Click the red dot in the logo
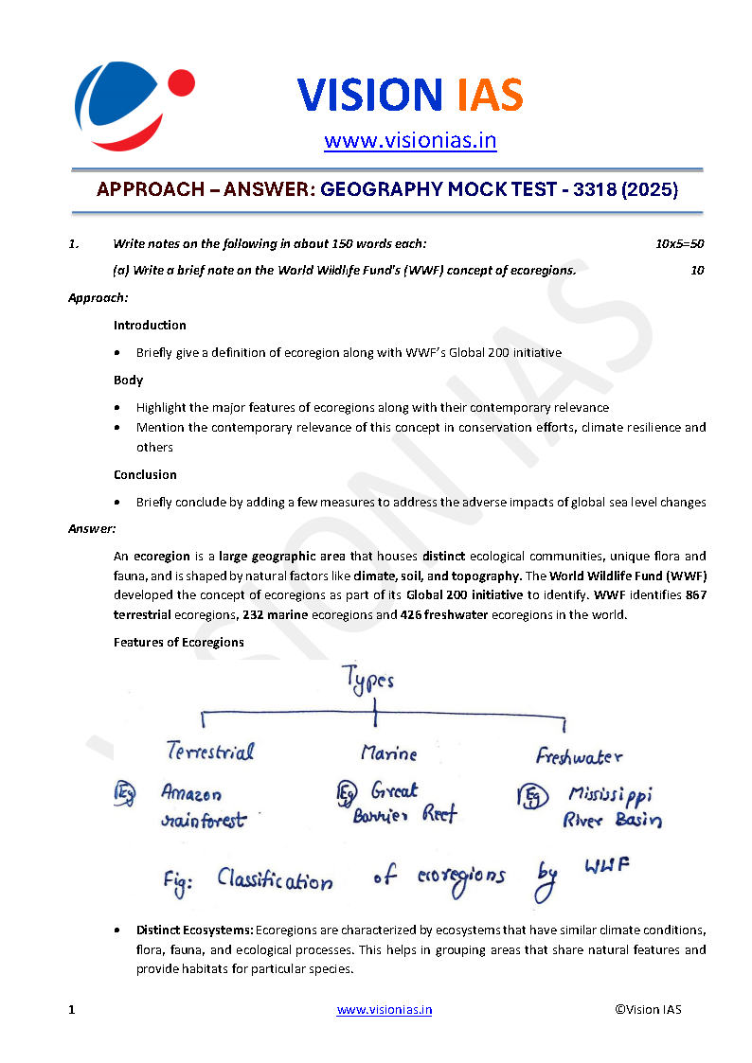(180, 83)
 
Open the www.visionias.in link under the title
(410, 141)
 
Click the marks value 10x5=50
(679, 243)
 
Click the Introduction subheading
(150, 325)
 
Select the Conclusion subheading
(145, 474)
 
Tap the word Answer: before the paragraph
(92, 528)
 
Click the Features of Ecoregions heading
(179, 642)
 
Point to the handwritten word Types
(368, 681)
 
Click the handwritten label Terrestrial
(210, 752)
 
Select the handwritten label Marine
(388, 753)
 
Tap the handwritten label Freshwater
(579, 755)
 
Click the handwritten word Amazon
(191, 792)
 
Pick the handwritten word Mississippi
(611, 793)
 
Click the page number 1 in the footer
(71, 1009)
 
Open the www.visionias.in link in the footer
(385, 1009)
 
